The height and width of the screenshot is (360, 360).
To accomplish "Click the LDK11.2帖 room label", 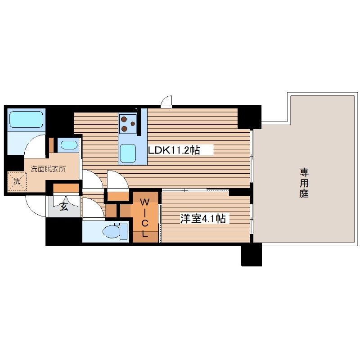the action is click(x=174, y=150).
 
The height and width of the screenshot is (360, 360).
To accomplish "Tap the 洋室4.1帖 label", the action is click(x=202, y=219).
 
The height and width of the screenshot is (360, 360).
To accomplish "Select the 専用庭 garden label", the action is click(x=304, y=183).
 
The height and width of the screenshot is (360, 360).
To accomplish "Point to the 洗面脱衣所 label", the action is click(x=49, y=169).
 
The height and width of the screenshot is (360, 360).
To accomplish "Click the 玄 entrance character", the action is click(x=64, y=207).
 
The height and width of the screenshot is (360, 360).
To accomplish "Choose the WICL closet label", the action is click(x=144, y=218).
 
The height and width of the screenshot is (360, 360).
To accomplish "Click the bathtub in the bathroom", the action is click(x=27, y=120).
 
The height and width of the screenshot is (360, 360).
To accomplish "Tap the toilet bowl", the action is click(x=111, y=231).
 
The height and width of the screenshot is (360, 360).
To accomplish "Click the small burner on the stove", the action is click(x=133, y=124).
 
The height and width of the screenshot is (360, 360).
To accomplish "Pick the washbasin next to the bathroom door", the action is click(x=69, y=145).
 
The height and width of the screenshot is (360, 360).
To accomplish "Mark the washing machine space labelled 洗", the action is click(x=17, y=182).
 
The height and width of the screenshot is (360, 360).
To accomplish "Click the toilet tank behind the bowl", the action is click(x=123, y=231).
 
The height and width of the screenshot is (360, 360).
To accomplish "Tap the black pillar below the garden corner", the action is click(x=252, y=254).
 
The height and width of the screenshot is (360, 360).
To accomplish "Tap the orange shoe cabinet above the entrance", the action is click(x=66, y=188).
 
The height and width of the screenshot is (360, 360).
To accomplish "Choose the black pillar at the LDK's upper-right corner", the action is click(x=249, y=117).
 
